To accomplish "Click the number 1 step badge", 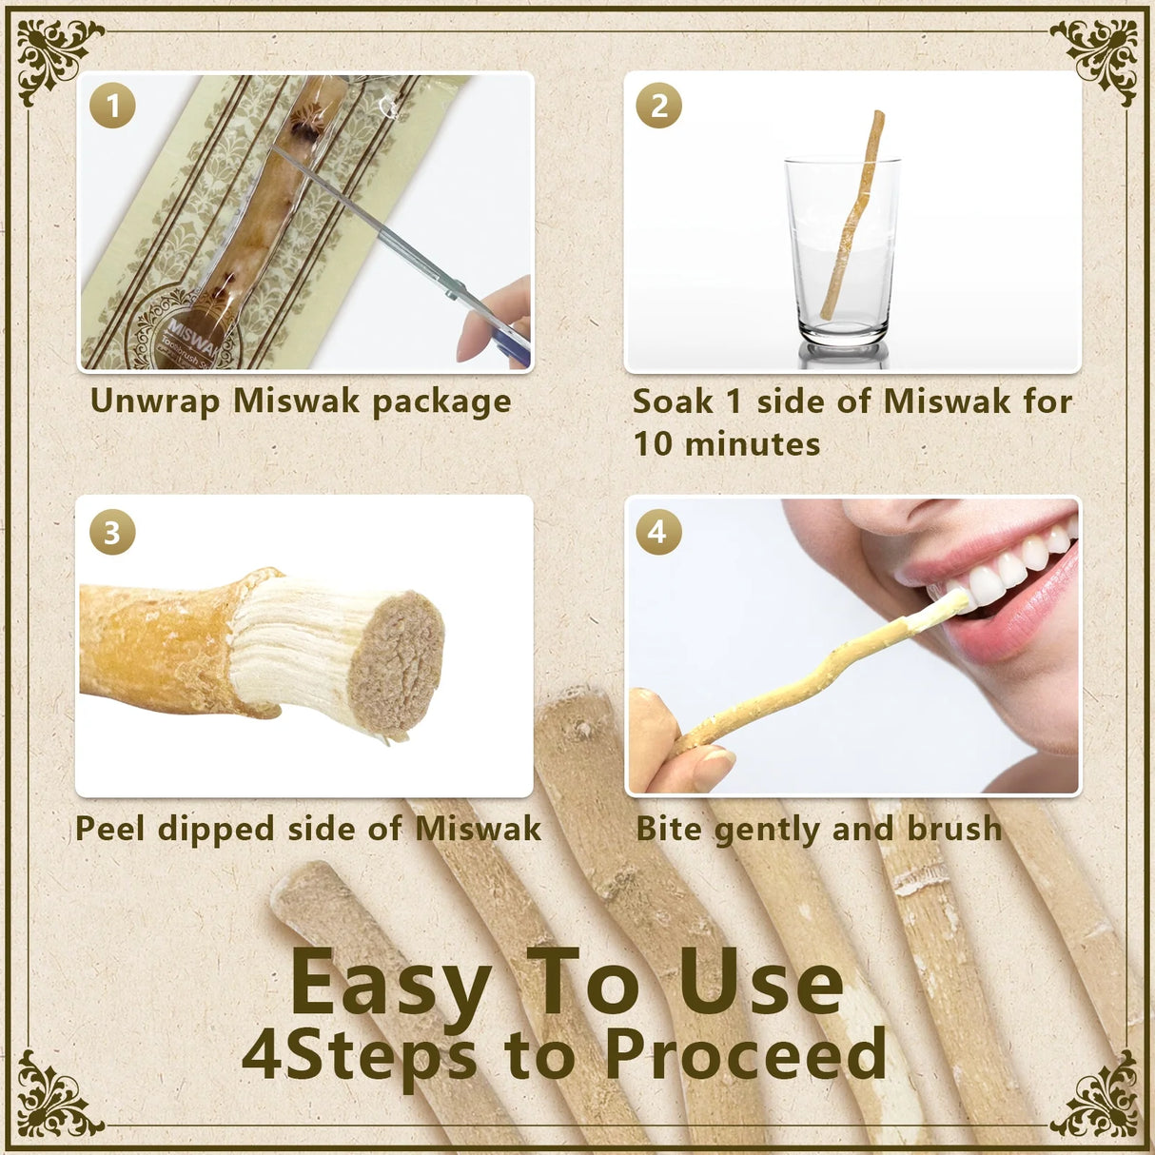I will click(112, 106).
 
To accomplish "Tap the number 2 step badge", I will click(658, 106).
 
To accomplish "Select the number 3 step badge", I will click(112, 533).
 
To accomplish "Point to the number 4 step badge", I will click(658, 532).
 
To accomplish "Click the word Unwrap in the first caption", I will click(154, 401).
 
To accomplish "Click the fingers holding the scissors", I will click(495, 319).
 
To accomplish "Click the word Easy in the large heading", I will click(391, 983).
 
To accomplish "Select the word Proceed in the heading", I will click(744, 1054).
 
